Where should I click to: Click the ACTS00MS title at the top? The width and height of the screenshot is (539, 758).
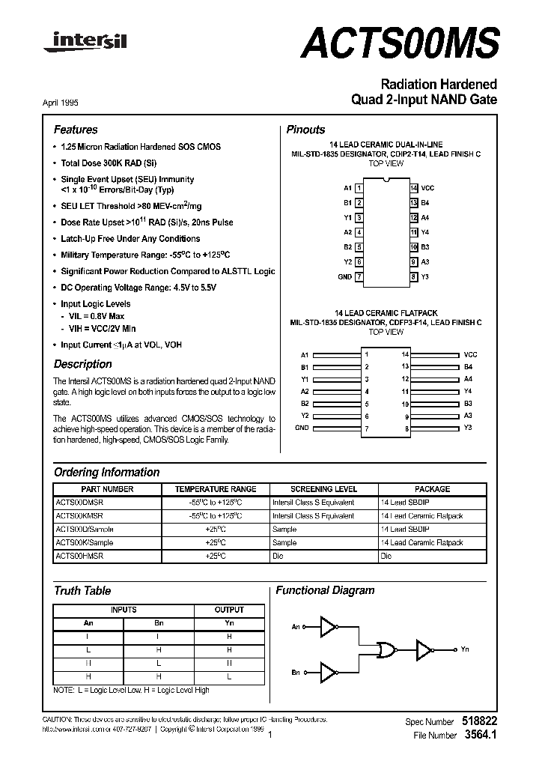coord(399,43)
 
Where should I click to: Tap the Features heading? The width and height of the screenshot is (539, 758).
coord(75,130)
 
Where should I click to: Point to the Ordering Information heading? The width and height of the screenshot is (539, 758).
coord(106,473)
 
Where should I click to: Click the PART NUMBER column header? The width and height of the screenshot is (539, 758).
coord(107,489)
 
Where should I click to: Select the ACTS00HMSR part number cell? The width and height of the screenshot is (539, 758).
coord(79,557)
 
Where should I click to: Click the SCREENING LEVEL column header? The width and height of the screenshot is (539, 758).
coord(323,489)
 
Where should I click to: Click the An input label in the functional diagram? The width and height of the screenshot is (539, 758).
coord(296,627)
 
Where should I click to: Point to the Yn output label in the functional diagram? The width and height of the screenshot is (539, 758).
coord(466,649)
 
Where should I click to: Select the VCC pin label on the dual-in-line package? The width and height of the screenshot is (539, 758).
coord(427,187)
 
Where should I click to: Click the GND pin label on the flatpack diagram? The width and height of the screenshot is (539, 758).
coord(302,428)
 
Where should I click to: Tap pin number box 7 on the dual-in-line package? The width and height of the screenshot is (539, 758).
coord(359,276)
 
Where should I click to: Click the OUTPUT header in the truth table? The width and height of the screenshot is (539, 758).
coord(229,610)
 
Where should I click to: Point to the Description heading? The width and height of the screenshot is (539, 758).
coord(83,364)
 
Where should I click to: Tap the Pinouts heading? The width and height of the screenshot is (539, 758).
coord(306,130)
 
